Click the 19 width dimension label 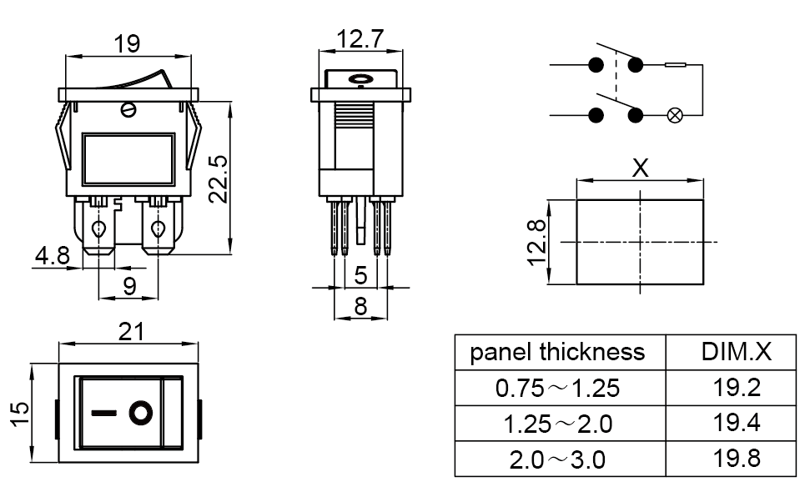tap(127, 43)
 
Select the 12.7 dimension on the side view tap(360, 39)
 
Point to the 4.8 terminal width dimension tap(52, 255)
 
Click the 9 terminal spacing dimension tap(129, 287)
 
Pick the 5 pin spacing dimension tap(361, 276)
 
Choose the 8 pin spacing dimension tap(361, 307)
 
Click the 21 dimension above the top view tap(131, 332)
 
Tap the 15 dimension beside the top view tap(20, 414)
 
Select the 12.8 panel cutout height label tap(536, 243)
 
